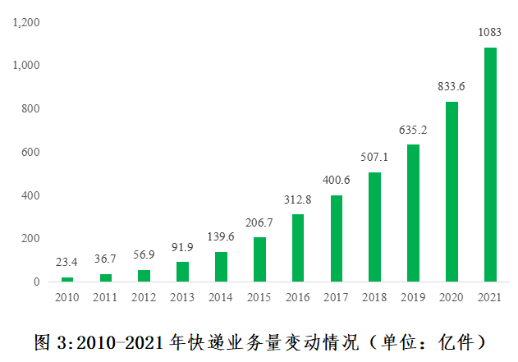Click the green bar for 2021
(490, 164)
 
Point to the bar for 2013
(182, 272)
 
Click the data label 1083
(490, 33)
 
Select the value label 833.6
(452, 86)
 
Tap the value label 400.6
(337, 181)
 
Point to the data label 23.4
(67, 263)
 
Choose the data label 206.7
(259, 222)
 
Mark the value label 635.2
(413, 130)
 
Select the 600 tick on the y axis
(30, 152)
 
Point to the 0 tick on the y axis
(36, 282)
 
